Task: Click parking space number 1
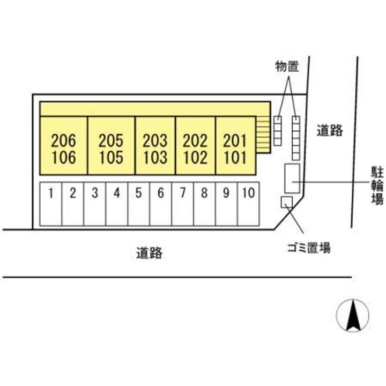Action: [51, 205]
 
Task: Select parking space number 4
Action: [116, 205]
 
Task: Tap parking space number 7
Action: [182, 205]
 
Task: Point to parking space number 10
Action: [248, 205]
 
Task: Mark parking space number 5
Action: [138, 205]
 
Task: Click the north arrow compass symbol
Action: [353, 315]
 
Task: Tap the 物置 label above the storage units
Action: [287, 66]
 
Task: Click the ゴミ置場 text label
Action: [308, 248]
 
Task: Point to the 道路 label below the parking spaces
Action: [149, 253]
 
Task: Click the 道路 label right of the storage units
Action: [329, 130]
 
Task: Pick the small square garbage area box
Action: [287, 202]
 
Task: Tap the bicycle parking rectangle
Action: [292, 179]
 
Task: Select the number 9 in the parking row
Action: [226, 193]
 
